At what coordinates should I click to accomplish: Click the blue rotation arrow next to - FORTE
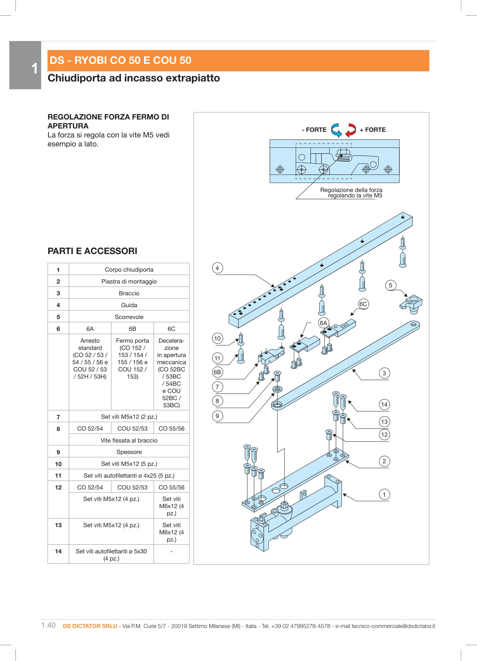click(336, 130)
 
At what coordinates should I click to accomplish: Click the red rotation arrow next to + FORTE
click(351, 130)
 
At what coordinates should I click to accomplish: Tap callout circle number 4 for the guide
click(217, 268)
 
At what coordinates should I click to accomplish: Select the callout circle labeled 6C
click(363, 304)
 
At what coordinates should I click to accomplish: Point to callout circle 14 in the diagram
click(384, 405)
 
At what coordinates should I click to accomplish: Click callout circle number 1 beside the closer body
click(384, 494)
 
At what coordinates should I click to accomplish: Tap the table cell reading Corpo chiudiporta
click(129, 269)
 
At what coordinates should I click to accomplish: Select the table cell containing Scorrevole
click(129, 317)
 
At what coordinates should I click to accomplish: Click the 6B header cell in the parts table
click(132, 329)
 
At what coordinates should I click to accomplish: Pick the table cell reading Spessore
click(129, 452)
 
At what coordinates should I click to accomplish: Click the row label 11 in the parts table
click(58, 475)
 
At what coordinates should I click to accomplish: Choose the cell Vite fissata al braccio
click(129, 440)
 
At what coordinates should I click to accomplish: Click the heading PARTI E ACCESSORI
click(92, 251)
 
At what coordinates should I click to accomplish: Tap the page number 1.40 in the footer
click(48, 625)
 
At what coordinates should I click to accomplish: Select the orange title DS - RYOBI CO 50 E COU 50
click(121, 60)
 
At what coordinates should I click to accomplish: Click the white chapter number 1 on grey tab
click(34, 69)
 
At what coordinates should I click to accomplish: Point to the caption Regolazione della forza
click(351, 190)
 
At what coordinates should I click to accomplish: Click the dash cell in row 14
click(171, 551)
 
